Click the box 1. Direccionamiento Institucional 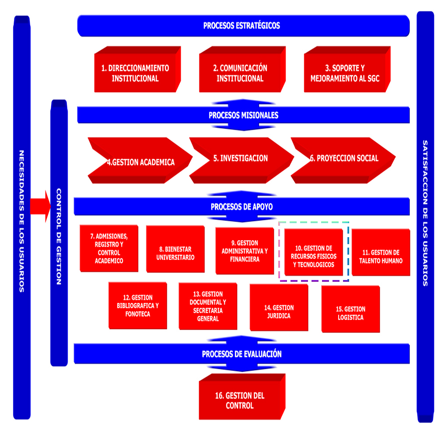coord(135,73)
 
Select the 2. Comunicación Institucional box coord(240,73)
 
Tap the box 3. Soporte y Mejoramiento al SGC coord(345,73)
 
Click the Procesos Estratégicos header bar coord(242,25)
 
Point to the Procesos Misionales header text coord(243,115)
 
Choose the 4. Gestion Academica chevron coord(140,162)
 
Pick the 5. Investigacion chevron coord(241,158)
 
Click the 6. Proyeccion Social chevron coord(344,158)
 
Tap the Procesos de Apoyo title coord(241,206)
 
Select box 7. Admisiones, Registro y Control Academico coord(109,248)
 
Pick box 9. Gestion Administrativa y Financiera coord(245,251)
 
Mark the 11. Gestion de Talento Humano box coord(381,256)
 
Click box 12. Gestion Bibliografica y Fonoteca coord(138,306)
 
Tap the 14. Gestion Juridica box coord(279,311)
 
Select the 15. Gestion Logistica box coord(350,313)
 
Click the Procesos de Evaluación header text coord(241,354)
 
